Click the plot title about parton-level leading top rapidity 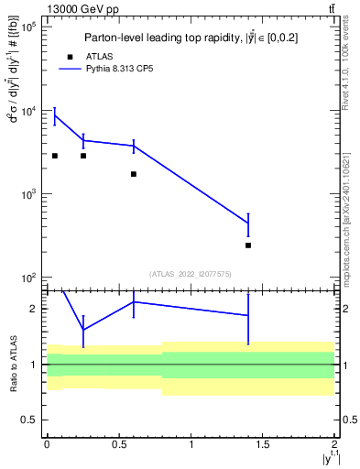point(191,38)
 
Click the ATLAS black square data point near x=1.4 point(248,245)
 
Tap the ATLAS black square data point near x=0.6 point(134,174)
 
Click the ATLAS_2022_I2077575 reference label point(191,273)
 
